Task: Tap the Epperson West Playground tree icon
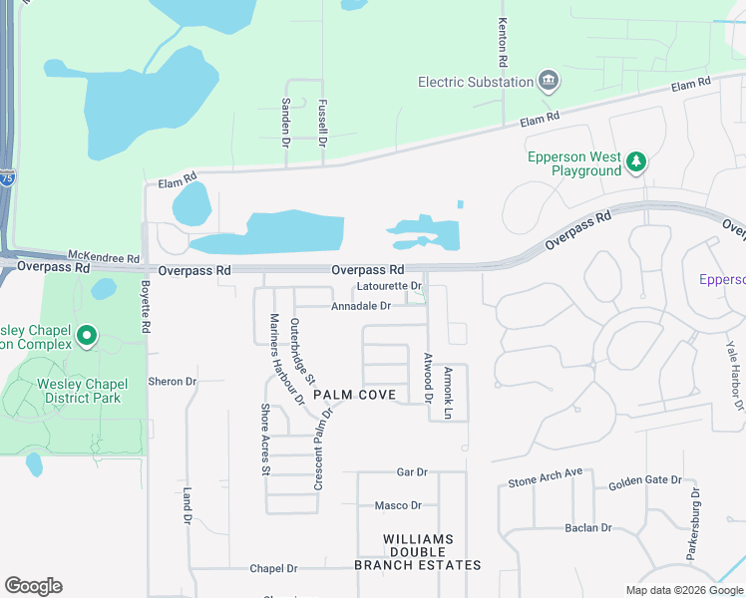pyautogui.click(x=635, y=159)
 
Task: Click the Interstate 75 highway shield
pyautogui.click(x=8, y=178)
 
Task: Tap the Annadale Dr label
pyautogui.click(x=360, y=306)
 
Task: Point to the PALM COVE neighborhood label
pyautogui.click(x=354, y=395)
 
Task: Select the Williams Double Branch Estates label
pyautogui.click(x=418, y=552)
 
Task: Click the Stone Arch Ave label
pyautogui.click(x=545, y=478)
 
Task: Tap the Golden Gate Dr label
pyautogui.click(x=644, y=483)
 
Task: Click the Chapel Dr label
pyautogui.click(x=273, y=568)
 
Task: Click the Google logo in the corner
pyautogui.click(x=33, y=586)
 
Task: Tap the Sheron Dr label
pyautogui.click(x=173, y=381)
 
